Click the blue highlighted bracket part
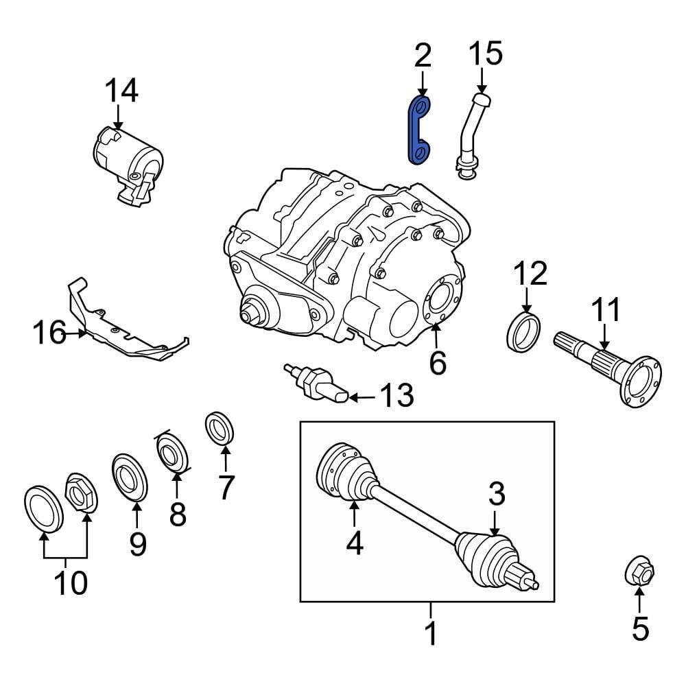pos(419,130)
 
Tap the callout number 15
pos(486,54)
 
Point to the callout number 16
pos(49,334)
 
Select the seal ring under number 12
pos(525,330)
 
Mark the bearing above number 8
pos(171,453)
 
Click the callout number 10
pos(70,583)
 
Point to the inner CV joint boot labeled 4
pos(346,472)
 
